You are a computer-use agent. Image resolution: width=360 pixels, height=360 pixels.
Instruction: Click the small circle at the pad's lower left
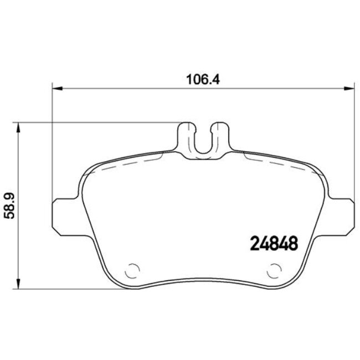(133, 271)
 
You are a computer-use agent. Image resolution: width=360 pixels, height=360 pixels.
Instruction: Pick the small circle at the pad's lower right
(274, 271)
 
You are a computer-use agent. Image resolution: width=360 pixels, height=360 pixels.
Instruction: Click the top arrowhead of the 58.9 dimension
(20, 127)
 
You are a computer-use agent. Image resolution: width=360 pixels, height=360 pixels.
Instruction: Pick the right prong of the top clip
(221, 136)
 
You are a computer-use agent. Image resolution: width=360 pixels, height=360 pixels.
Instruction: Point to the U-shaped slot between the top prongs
(203, 141)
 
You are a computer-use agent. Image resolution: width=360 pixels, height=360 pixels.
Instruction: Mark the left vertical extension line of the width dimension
(52, 144)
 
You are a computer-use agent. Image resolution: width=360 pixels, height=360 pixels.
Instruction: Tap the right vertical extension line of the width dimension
(353, 144)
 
